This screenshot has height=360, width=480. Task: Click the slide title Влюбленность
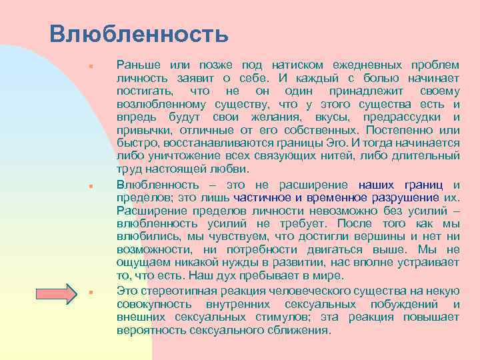tap(139, 33)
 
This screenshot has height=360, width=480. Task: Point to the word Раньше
tap(138, 65)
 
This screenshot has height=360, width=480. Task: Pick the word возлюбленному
tap(161, 104)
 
